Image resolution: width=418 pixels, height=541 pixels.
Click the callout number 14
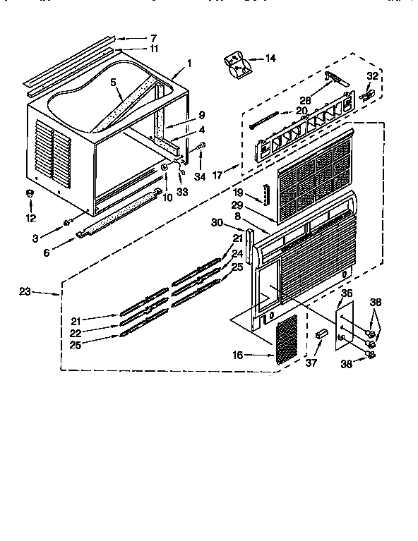[x=270, y=59]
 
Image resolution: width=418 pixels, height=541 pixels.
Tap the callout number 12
[x=31, y=218]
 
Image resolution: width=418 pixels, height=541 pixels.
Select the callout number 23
[x=25, y=291]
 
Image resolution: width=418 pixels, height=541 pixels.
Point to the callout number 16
[x=238, y=355]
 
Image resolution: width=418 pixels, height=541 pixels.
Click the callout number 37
[x=311, y=363]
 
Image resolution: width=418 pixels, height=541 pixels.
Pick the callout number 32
[x=372, y=75]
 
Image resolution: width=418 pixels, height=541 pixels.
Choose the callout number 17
[x=217, y=175]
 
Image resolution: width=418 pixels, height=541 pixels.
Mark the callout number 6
[x=47, y=253]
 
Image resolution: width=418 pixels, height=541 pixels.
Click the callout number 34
[x=200, y=176]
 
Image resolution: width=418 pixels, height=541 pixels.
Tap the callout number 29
[x=237, y=205]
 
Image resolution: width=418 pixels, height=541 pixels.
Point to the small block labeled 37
[x=321, y=334]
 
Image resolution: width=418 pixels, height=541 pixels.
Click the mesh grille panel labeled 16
[x=287, y=339]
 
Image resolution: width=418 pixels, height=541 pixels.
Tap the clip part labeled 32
[x=367, y=95]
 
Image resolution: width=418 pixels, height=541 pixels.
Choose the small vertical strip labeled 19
[x=266, y=195]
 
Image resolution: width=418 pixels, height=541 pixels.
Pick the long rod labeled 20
[x=264, y=120]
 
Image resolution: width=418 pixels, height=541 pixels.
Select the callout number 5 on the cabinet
[x=113, y=82]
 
